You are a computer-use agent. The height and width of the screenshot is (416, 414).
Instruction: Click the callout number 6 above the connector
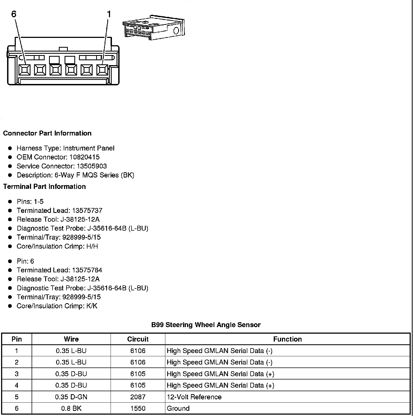[14, 14]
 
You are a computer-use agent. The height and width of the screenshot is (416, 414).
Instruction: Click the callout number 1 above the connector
[109, 14]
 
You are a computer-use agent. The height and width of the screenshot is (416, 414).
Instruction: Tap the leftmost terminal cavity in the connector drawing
[25, 70]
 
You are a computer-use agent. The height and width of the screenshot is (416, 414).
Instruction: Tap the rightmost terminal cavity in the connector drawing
[102, 70]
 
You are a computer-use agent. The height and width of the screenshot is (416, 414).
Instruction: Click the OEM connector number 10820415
[84, 157]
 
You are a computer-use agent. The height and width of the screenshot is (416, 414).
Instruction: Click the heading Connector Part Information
[47, 133]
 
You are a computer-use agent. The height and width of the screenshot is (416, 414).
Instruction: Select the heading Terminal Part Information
[44, 186]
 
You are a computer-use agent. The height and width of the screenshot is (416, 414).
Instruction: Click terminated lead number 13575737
[87, 211]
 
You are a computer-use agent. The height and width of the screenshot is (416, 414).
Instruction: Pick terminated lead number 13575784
[87, 270]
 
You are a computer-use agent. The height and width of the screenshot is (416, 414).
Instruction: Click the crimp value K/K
[92, 306]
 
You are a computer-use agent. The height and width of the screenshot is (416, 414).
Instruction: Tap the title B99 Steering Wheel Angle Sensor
[206, 325]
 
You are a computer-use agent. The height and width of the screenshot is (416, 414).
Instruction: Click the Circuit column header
[138, 339]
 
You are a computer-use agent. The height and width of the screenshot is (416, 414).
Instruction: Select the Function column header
[287, 339]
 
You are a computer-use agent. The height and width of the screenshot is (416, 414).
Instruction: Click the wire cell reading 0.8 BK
[71, 408]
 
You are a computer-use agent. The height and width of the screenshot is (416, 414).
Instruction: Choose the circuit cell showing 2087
[138, 397]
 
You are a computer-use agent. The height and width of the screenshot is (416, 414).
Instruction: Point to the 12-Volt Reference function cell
[194, 397]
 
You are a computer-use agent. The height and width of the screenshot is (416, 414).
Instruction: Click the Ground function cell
[178, 408]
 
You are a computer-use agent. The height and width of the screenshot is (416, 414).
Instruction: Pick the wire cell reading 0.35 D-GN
[71, 397]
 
